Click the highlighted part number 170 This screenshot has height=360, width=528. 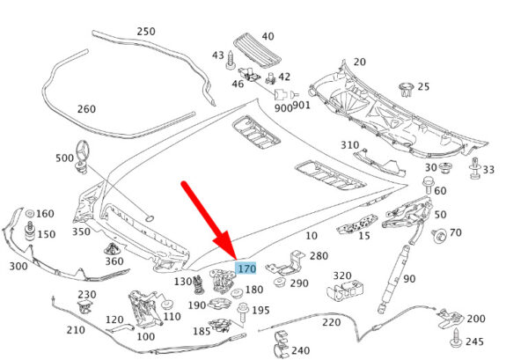(x=246, y=268)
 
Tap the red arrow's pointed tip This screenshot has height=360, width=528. (x=231, y=255)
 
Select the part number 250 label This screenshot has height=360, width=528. (x=145, y=32)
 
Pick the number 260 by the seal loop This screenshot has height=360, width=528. (x=85, y=109)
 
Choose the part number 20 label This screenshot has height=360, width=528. (x=359, y=62)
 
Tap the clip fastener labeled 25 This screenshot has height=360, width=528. (x=407, y=87)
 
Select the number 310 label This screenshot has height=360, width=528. (x=349, y=144)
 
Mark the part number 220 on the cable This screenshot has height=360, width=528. (x=331, y=321)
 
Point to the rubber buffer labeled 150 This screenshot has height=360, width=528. (x=29, y=234)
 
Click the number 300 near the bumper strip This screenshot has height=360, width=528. (x=17, y=266)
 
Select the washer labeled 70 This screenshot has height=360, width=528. (x=437, y=233)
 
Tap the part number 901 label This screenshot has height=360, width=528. (x=302, y=105)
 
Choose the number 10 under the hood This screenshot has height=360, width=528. (x=312, y=236)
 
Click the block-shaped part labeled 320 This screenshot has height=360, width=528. (x=347, y=289)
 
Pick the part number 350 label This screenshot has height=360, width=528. (x=81, y=231)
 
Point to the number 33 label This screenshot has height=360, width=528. (x=488, y=170)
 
